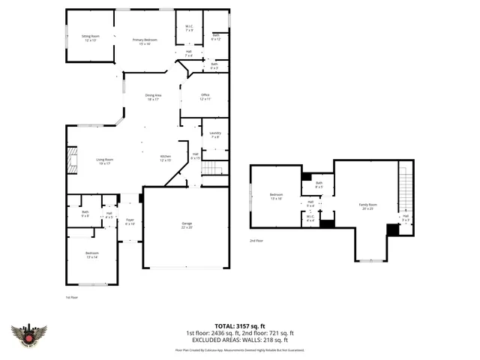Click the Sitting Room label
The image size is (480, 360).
click(91, 38)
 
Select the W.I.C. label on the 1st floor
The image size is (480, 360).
click(189, 29)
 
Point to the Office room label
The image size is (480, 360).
click(205, 97)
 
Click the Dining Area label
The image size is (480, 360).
click(154, 97)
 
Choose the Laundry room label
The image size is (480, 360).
click(215, 135)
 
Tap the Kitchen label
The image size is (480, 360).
click(166, 158)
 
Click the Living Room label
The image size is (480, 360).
click(104, 160)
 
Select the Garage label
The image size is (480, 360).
click(186, 225)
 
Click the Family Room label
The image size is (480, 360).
click(367, 206)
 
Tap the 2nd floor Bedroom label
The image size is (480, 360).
click(276, 197)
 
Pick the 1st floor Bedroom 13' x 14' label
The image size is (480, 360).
click(91, 255)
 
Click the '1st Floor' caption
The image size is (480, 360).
click(72, 297)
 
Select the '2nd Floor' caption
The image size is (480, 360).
click(256, 241)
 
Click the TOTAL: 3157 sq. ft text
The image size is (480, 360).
click(240, 326)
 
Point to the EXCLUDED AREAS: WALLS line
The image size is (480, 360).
click(240, 340)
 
